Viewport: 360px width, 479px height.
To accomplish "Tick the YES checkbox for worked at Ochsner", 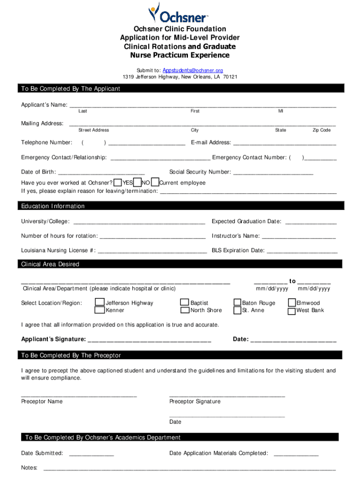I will click(118, 182).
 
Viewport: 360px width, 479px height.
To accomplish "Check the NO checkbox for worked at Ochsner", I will click(137, 182).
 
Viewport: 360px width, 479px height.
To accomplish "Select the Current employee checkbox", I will click(155, 182).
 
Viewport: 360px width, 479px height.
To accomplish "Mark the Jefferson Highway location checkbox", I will click(100, 303).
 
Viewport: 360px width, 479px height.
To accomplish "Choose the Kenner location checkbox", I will click(100, 310).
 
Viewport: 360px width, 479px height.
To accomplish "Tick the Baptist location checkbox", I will click(185, 303).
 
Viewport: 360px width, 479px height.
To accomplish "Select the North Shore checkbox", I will click(185, 310).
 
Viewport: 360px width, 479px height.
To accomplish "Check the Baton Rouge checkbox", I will click(238, 303).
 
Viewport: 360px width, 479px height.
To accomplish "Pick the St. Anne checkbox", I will click(238, 310).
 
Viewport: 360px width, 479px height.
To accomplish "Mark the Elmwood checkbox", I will click(292, 303).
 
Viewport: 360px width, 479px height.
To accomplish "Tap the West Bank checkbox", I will click(292, 310).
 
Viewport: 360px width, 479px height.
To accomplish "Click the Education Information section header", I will click(53, 206).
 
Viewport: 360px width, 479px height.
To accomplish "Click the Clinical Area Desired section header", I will click(50, 264).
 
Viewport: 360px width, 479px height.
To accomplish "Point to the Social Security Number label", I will click(200, 172).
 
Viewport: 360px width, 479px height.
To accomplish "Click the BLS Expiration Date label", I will click(238, 251).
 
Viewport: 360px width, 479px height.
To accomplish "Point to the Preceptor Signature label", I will click(194, 401).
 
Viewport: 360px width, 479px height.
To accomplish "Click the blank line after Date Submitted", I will click(91, 453).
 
